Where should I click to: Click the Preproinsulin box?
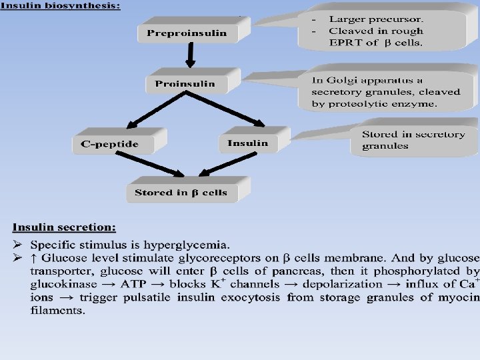(187, 33)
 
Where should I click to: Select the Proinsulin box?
(185, 84)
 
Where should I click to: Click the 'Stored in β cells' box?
(181, 193)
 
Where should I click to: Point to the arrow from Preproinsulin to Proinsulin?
(190, 55)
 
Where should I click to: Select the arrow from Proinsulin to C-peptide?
(153, 109)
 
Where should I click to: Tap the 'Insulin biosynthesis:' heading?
(61, 5)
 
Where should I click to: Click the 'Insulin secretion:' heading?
(65, 227)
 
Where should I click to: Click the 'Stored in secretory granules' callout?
(413, 140)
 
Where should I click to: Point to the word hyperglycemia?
(192, 244)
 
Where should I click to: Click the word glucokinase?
(60, 284)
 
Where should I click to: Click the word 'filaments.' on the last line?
(58, 311)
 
